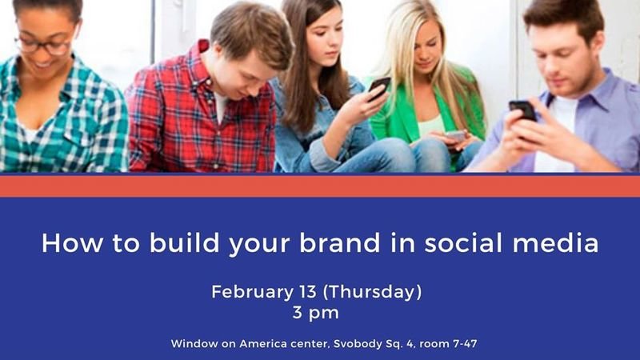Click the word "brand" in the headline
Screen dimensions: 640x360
pos(339,243)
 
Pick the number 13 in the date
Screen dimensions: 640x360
pos(308,292)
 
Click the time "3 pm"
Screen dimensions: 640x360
pos(315,313)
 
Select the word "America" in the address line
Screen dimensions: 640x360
pos(263,344)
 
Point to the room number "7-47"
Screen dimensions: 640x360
pos(465,344)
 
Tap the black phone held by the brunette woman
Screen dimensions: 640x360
pos(378,88)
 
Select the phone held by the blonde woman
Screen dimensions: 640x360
pos(455,135)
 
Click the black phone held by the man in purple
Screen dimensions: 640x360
pos(522,110)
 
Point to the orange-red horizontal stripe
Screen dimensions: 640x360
pos(320,186)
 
